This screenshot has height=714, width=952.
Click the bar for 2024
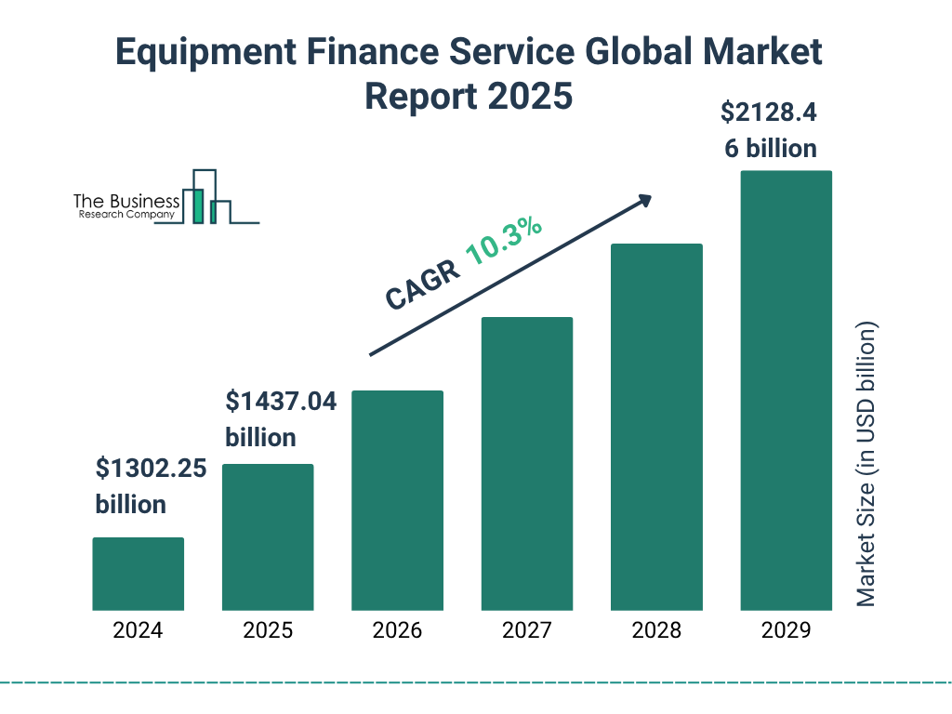point(138,574)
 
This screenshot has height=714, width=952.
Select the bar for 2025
point(268,536)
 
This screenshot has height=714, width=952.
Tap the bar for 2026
point(397,500)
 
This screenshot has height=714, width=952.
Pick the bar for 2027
point(526,463)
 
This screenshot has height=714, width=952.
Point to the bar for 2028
point(656,427)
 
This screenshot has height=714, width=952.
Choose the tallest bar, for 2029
point(786,390)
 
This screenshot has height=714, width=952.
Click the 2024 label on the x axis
point(138,630)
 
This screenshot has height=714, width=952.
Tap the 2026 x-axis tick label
point(397,630)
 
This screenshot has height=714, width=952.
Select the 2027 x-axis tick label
point(526,630)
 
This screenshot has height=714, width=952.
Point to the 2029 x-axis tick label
point(786,630)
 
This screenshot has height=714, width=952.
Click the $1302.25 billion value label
point(151,486)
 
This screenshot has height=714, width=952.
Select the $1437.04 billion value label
point(281,419)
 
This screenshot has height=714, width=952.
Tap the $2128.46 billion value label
point(770,130)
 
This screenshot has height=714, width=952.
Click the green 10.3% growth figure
point(503,241)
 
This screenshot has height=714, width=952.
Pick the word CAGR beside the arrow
point(422,284)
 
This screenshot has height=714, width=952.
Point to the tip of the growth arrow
point(650,197)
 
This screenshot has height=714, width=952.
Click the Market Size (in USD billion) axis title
point(866,465)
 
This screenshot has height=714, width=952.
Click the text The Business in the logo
point(126,202)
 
